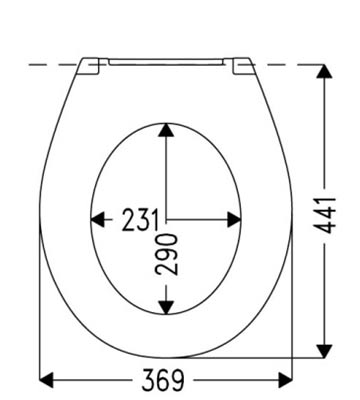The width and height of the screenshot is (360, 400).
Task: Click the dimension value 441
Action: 324,215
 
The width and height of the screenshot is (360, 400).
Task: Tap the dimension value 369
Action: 163,380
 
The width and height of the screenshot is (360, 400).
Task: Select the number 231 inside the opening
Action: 140,220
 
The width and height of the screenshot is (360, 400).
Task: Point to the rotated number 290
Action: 167,254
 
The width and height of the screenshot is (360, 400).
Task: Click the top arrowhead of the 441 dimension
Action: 324,71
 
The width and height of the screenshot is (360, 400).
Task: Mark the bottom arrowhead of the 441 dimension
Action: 324,351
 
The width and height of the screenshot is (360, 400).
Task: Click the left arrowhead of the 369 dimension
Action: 46,380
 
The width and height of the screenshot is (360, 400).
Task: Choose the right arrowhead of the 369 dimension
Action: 285,380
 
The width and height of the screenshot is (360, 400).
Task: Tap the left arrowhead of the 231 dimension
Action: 97,220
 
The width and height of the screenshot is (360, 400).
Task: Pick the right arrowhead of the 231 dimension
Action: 234,220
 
